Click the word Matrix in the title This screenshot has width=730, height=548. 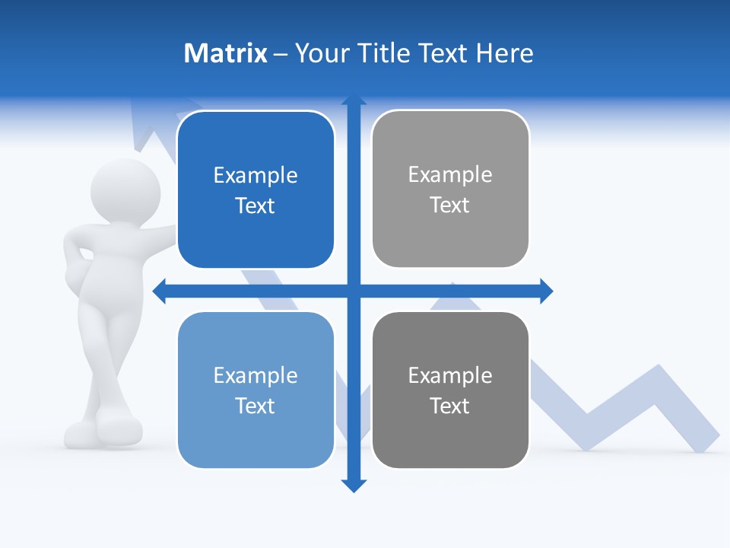(x=225, y=53)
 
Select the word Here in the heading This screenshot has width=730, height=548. (x=504, y=53)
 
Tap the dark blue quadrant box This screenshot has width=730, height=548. (x=255, y=190)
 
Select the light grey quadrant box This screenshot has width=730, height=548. (x=450, y=190)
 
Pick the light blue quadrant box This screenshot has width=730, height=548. (x=255, y=390)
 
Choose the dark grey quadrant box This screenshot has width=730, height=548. (x=450, y=390)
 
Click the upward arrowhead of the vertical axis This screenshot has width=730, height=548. (x=354, y=100)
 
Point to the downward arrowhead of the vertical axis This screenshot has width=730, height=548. (x=354, y=485)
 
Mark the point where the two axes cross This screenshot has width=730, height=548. (x=354, y=291)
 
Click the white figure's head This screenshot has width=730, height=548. (x=125, y=190)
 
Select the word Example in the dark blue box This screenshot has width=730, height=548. (x=255, y=176)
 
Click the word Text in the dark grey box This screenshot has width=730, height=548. (x=450, y=406)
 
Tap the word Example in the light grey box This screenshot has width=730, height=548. (x=450, y=175)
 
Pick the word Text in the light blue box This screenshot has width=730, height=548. (x=255, y=406)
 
